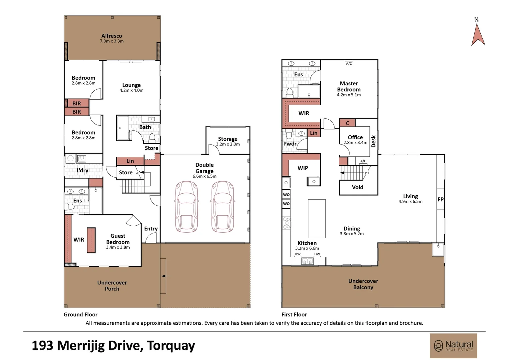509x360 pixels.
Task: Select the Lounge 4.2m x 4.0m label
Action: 131,87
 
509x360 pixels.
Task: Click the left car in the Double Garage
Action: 186,207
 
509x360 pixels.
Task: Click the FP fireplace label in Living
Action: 440,199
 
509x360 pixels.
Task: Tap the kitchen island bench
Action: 316,219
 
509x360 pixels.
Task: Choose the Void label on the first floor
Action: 357,187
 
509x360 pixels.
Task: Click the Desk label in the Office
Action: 373,141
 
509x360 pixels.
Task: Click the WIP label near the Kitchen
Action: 303,168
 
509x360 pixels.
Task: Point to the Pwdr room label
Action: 290,144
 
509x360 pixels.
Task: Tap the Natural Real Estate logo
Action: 453,346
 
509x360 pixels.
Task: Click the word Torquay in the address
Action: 171,346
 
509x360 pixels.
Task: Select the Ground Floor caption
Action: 80,315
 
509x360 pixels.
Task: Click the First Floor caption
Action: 294,315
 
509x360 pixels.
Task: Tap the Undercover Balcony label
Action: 363,284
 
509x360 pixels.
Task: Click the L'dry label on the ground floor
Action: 82,170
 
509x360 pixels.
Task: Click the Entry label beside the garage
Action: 151,229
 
